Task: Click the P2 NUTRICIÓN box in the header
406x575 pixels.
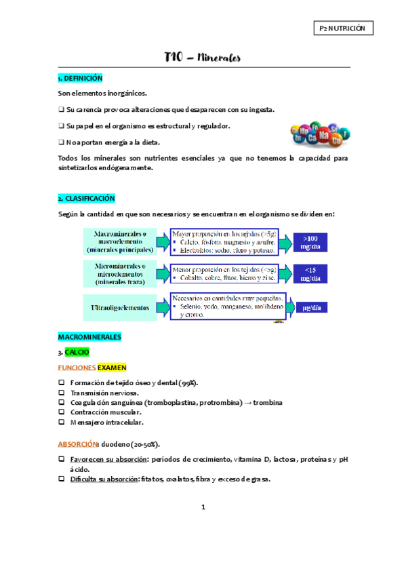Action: (x=344, y=28)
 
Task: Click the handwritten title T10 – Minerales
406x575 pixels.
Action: (x=203, y=58)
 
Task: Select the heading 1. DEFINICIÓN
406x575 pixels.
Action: (x=81, y=79)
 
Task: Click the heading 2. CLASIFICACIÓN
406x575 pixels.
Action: (x=86, y=199)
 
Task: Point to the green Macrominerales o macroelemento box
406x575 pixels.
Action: (x=120, y=241)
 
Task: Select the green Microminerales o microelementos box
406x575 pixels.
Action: (x=120, y=273)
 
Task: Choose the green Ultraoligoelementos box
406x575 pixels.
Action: (x=120, y=307)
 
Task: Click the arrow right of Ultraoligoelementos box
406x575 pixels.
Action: (x=163, y=307)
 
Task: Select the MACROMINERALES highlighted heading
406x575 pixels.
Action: (x=90, y=336)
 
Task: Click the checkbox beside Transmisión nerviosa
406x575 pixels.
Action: (x=62, y=393)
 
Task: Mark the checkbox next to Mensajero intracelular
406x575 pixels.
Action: (x=62, y=422)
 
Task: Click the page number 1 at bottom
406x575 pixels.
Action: (x=203, y=507)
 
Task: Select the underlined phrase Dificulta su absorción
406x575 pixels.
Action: (x=100, y=479)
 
